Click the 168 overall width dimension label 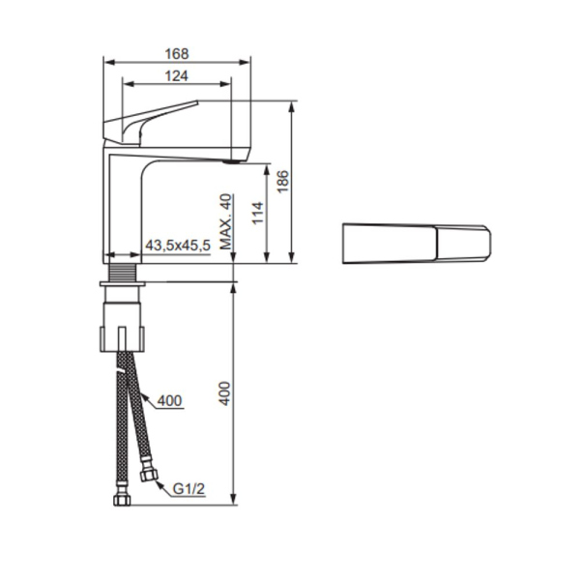click(176, 54)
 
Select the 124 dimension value click(176, 75)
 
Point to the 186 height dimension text click(282, 182)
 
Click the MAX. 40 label click(226, 222)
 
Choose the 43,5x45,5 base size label click(178, 247)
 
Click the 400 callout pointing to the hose click(168, 400)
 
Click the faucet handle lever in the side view click(155, 120)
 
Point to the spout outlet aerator click(230, 163)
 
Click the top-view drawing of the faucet click(419, 244)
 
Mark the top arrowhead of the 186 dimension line click(292, 104)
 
